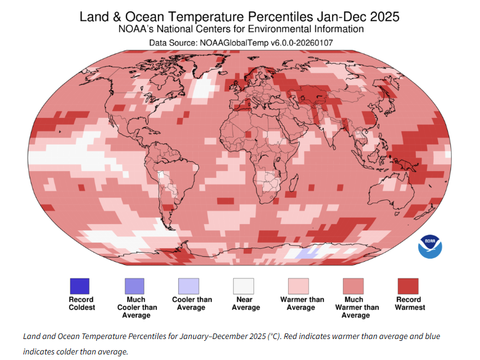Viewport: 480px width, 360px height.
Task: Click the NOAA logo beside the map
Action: [430, 246]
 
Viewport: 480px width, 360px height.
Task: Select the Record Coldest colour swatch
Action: [80, 286]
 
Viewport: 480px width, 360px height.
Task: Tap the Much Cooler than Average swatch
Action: [134, 286]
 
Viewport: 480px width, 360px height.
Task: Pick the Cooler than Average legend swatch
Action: [189, 286]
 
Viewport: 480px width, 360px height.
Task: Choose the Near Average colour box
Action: [243, 286]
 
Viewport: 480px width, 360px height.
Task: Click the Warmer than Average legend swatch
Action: [298, 286]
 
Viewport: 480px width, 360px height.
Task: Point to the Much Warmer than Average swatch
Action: [354, 286]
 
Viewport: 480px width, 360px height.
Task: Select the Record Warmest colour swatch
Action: [408, 286]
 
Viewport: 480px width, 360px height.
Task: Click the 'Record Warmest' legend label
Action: [410, 303]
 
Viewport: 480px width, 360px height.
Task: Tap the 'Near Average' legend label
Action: [246, 303]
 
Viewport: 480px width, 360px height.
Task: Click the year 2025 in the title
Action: [384, 17]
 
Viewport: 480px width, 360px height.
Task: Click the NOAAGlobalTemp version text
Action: [266, 43]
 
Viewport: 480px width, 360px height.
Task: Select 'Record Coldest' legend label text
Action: [81, 303]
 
